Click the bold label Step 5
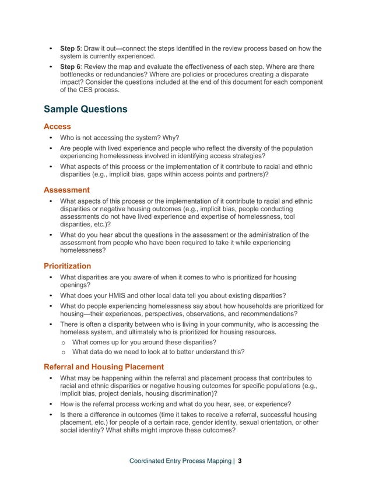coord(71,48)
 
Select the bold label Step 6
coord(71,66)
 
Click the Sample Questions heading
coord(85,109)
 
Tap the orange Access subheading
coord(57,126)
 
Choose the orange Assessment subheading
coord(66,190)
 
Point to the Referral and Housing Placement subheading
coord(104,366)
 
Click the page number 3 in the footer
coord(240,461)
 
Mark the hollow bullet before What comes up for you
coord(64,342)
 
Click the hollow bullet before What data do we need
coord(64,352)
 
